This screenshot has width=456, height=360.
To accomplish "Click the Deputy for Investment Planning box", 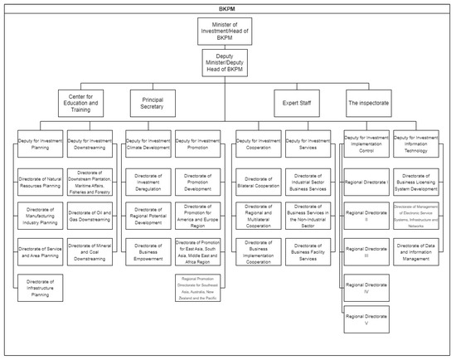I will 41,144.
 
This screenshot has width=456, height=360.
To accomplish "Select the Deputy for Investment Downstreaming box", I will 90,144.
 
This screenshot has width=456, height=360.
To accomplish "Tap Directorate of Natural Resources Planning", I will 41,180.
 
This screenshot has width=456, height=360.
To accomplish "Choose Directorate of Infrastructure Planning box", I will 41,286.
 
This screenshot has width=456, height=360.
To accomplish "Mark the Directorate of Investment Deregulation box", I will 150,180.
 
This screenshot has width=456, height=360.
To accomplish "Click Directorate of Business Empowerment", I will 150,250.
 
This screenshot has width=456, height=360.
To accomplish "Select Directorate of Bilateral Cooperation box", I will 260,180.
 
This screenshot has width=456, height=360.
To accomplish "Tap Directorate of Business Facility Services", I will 309,250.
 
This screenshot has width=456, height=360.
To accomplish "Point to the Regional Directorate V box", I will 367,319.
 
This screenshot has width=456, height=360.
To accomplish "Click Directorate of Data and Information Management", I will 417,250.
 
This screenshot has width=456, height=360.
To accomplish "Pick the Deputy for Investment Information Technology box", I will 417,144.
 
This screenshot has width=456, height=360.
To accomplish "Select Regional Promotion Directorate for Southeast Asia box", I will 199,286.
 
